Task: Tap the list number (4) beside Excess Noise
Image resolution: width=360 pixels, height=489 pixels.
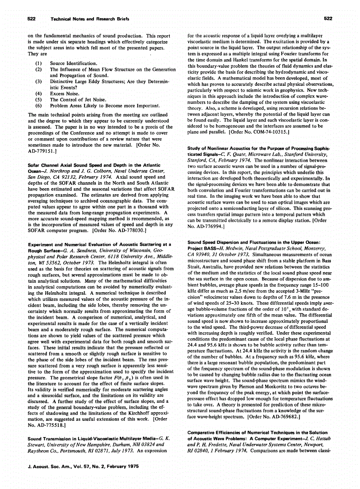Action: pyautogui.click(x=38, y=93)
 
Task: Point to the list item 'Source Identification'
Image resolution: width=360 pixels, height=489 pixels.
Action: pyautogui.click(x=73, y=64)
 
